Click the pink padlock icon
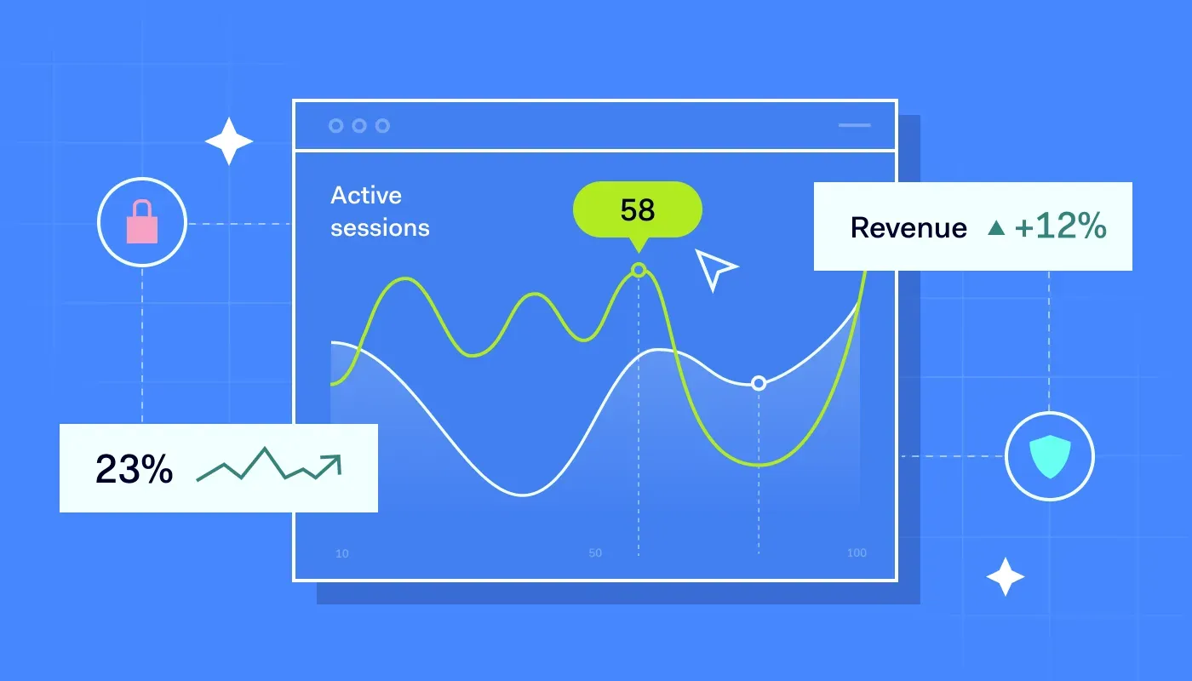pyautogui.click(x=142, y=222)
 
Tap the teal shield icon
pyautogui.click(x=1049, y=455)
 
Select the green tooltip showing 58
pyautogui.click(x=638, y=209)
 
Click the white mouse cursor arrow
pyautogui.click(x=713, y=269)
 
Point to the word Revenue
pyautogui.click(x=908, y=227)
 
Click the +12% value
pyautogui.click(x=1060, y=227)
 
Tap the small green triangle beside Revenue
pyautogui.click(x=995, y=228)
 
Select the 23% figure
pyautogui.click(x=134, y=469)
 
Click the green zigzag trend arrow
pyautogui.click(x=268, y=465)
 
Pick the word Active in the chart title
pyautogui.click(x=365, y=195)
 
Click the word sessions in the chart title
pyautogui.click(x=380, y=228)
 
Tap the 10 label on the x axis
pyautogui.click(x=341, y=553)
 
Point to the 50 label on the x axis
pyautogui.click(x=594, y=553)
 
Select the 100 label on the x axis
pyautogui.click(x=857, y=553)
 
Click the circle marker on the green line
pyautogui.click(x=639, y=271)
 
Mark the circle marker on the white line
pyautogui.click(x=759, y=384)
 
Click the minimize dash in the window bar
pyautogui.click(x=854, y=125)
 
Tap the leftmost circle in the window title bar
pyautogui.click(x=335, y=126)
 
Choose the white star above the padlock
pyautogui.click(x=229, y=141)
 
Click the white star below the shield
pyautogui.click(x=1005, y=577)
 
